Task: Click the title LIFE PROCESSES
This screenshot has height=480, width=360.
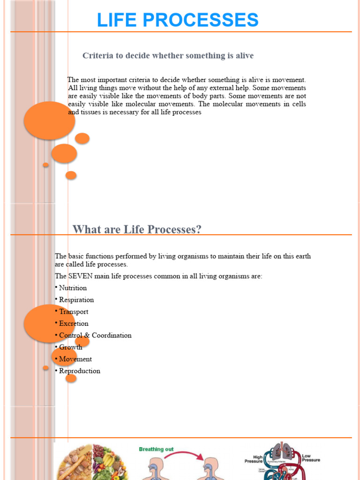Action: pyautogui.click(x=178, y=20)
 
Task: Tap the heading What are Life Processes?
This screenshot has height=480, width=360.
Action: pyautogui.click(x=137, y=229)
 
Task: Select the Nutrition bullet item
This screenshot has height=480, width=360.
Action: pyautogui.click(x=73, y=288)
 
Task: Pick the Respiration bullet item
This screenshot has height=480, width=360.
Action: pyautogui.click(x=76, y=300)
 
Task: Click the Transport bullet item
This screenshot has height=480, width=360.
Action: pyautogui.click(x=73, y=312)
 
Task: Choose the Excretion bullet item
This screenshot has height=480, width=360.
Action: pyautogui.click(x=73, y=323)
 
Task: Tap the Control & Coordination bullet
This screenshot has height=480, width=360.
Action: pyautogui.click(x=95, y=336)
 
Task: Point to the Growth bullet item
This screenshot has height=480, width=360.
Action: pyautogui.click(x=70, y=347)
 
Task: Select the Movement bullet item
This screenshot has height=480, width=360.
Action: pyautogui.click(x=75, y=359)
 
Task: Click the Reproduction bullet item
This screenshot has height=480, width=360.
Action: pyautogui.click(x=79, y=371)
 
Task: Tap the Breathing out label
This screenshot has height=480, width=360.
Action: pyautogui.click(x=156, y=449)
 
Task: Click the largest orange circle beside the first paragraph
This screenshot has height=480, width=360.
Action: pyautogui.click(x=49, y=120)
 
